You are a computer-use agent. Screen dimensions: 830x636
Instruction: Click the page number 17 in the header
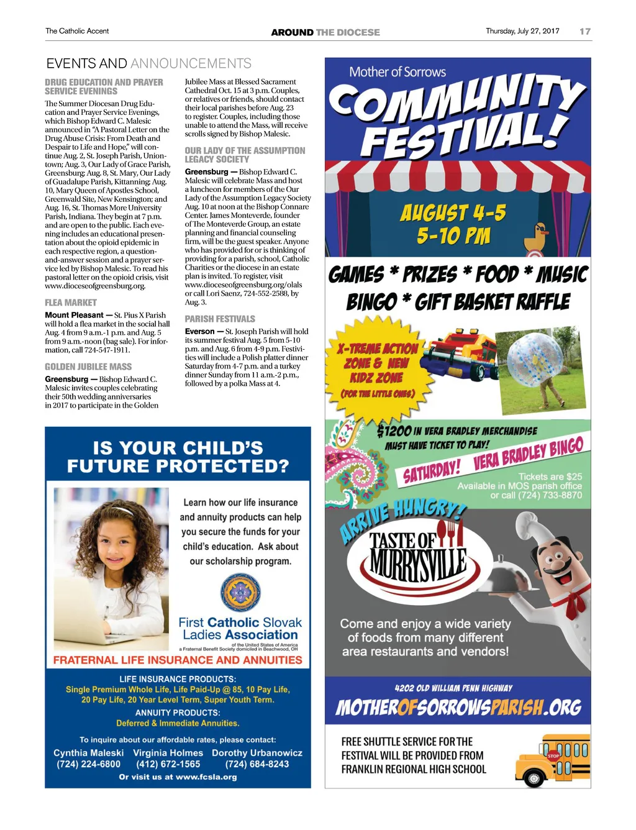tap(584, 31)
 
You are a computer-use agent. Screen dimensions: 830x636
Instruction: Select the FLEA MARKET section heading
tap(71, 303)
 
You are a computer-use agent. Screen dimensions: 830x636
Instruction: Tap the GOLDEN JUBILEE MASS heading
tap(88, 367)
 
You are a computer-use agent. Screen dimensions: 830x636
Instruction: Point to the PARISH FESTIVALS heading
tap(220, 319)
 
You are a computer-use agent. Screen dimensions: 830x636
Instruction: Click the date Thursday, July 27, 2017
tap(522, 31)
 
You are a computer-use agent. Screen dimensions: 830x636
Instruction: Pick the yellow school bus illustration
tap(552, 760)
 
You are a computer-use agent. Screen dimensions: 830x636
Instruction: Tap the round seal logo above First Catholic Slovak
tap(240, 592)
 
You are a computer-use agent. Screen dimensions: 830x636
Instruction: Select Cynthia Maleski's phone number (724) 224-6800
tap(88, 764)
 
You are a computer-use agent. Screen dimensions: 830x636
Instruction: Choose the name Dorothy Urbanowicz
tap(257, 753)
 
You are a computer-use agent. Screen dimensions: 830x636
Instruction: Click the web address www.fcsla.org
tap(206, 777)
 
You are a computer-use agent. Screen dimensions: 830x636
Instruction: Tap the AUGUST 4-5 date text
tap(453, 214)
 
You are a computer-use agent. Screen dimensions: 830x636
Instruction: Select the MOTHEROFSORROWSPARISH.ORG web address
tap(458, 708)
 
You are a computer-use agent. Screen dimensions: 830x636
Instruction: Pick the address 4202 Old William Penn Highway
tap(453, 688)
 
